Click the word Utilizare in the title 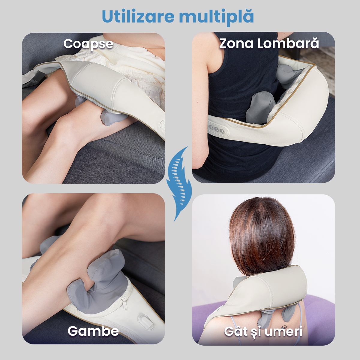138,16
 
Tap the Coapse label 88,45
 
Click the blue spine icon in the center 179,184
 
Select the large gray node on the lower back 261,107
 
